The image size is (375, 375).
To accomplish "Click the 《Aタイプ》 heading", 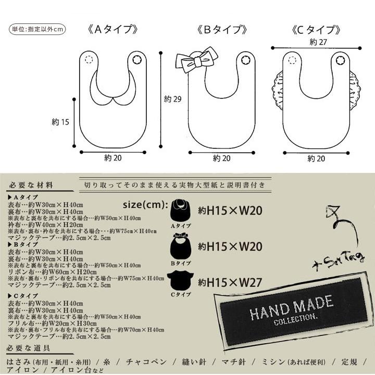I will [x=113, y=29].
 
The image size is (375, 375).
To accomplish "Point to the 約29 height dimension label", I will [x=172, y=99].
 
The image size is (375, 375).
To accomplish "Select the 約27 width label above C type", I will [x=317, y=42].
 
